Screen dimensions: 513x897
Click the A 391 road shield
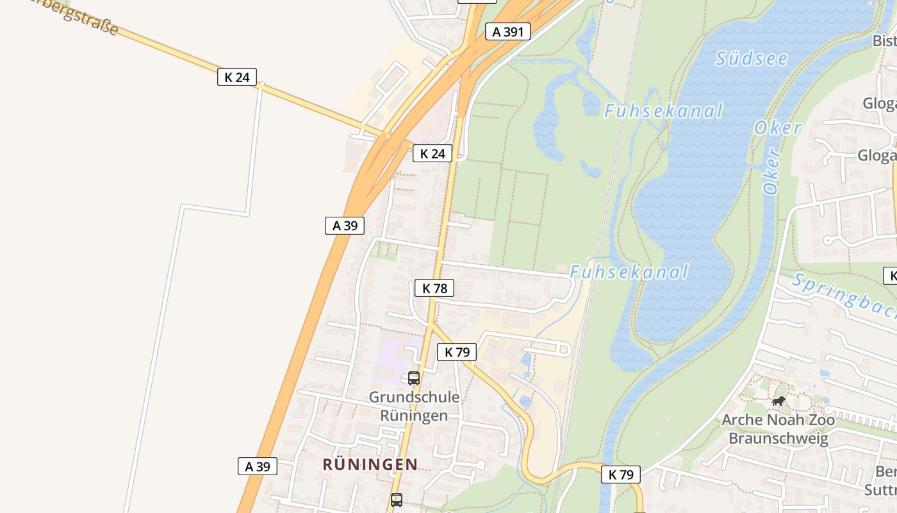[x=508, y=31]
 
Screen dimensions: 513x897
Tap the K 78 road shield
[x=434, y=289]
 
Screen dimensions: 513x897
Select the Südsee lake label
[x=751, y=58]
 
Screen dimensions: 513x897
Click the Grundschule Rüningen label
[x=414, y=406]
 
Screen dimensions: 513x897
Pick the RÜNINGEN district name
[x=370, y=464]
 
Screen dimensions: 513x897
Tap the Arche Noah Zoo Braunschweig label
[x=778, y=429]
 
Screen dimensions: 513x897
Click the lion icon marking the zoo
[x=778, y=401]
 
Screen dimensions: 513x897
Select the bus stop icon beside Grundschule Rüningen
[x=414, y=378]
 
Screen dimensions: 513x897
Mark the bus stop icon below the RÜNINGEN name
[x=397, y=500]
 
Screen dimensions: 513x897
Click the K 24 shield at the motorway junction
[x=432, y=153]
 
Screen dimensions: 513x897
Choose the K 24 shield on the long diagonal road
[x=237, y=78]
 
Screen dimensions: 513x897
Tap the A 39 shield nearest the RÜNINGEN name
[x=258, y=466]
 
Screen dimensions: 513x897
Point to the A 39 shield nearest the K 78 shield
[x=345, y=225]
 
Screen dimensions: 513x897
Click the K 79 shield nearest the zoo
[x=621, y=475]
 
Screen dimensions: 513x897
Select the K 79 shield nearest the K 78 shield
[x=457, y=351]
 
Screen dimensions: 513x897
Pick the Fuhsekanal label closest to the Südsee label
[x=663, y=111]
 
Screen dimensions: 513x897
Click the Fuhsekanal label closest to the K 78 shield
[x=629, y=272]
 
